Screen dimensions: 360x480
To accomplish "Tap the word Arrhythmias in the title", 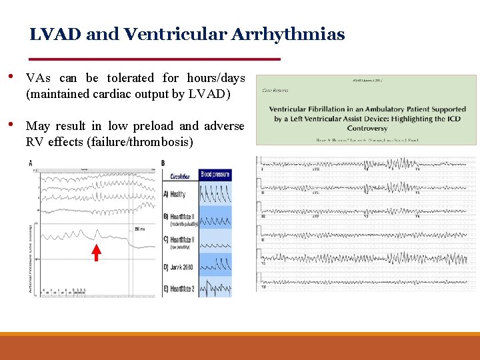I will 288,35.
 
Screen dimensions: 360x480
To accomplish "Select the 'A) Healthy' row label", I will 175,195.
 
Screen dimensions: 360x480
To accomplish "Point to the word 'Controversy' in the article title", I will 367,128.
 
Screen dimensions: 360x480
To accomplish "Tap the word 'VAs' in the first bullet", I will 38,78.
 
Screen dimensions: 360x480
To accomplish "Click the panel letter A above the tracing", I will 31,163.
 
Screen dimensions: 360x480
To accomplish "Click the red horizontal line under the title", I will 155,59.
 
